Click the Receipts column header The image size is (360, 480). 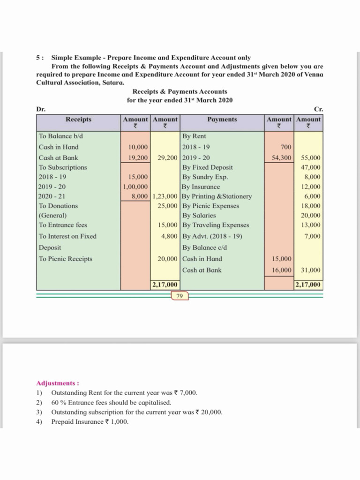(x=79, y=120)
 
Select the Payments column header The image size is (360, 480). (x=222, y=120)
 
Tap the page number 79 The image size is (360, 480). (x=180, y=296)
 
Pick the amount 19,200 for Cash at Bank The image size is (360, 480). (x=138, y=157)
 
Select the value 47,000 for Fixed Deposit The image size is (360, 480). (x=310, y=167)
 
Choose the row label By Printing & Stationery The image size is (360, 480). (x=217, y=196)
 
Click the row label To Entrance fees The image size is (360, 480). (x=63, y=225)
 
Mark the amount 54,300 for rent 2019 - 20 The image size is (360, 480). (x=282, y=157)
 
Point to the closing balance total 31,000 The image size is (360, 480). (x=310, y=270)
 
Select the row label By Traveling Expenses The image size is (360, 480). (x=215, y=225)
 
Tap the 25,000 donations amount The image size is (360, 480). (x=167, y=206)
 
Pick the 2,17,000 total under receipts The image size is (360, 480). (x=165, y=285)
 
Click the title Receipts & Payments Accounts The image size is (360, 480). (x=180, y=91)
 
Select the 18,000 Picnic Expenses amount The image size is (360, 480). (x=310, y=206)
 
